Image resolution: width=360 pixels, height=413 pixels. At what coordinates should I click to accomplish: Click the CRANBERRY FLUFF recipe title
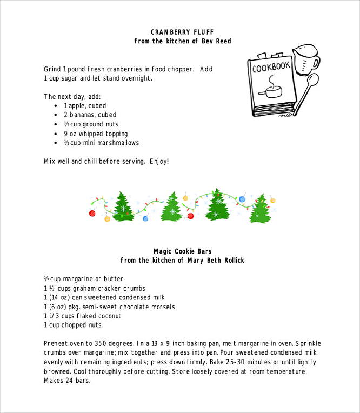point(182,32)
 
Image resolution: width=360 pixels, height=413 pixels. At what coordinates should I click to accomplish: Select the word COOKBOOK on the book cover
point(271,68)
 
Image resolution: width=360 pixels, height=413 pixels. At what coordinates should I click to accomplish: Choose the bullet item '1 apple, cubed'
point(85,106)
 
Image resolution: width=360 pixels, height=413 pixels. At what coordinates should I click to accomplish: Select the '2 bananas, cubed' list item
point(90,115)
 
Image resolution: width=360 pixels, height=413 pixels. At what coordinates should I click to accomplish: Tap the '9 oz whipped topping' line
point(96,134)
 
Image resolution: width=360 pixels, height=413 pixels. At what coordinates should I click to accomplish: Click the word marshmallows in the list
point(119,143)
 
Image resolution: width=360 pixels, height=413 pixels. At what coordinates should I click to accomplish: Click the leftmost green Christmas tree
point(123,207)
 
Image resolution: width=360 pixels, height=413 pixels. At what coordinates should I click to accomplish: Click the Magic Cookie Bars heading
point(182,251)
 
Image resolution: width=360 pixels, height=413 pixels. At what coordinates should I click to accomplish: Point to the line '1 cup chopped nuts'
point(72,325)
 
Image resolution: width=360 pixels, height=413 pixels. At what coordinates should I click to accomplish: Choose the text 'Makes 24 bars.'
point(67,381)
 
